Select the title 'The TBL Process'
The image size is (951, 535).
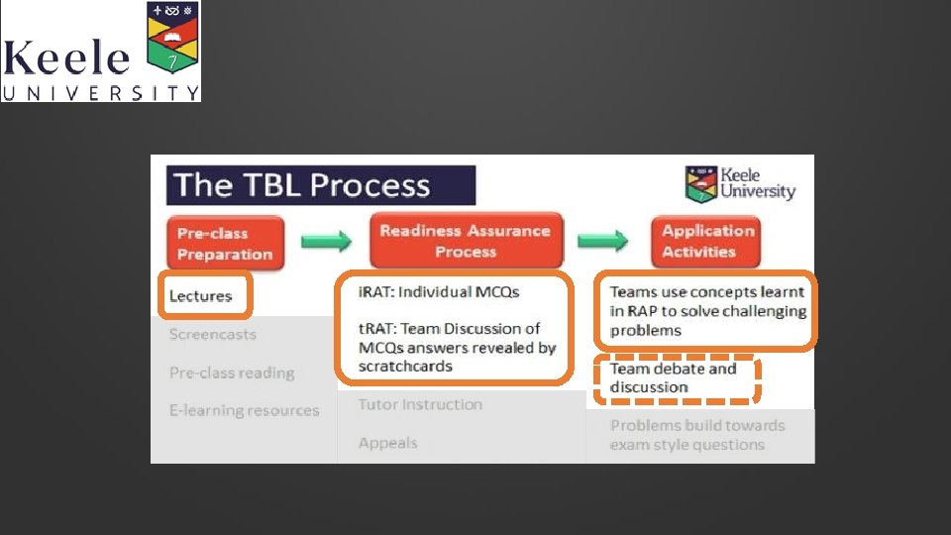302,185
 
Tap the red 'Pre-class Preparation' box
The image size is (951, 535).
225,244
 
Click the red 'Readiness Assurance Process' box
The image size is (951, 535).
465,241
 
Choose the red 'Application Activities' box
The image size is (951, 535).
707,241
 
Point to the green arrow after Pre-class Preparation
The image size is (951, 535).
327,242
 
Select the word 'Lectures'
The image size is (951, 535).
201,296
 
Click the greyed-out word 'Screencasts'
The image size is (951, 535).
213,335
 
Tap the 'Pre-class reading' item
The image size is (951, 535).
232,374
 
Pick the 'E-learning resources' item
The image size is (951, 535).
244,411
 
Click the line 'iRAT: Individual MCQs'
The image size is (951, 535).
439,291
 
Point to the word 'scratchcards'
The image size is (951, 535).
405,367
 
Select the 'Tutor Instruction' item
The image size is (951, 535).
420,405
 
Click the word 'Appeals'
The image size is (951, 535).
387,444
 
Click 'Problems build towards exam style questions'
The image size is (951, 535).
697,435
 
